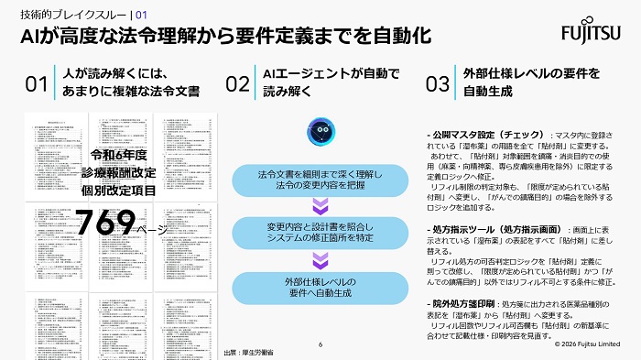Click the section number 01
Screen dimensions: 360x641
(37, 84)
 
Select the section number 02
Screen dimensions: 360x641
(237, 84)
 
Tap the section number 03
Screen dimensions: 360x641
(438, 84)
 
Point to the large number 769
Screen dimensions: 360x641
(104, 223)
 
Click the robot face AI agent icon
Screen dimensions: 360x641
(320, 130)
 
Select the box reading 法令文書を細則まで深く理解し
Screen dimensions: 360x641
(320, 180)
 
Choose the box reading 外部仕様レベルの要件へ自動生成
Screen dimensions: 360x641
(320, 288)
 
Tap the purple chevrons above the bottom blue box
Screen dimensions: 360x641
(320, 261)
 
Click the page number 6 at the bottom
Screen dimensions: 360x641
(320, 345)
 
